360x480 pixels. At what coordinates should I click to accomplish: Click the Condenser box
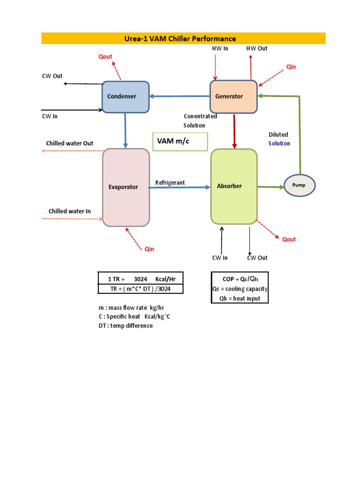coord(126,97)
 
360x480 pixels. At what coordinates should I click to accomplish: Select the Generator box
coord(233,97)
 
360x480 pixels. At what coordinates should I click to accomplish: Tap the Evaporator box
coord(126,187)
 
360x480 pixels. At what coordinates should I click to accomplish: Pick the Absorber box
coord(234,186)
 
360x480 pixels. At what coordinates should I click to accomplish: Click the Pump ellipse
coord(300,186)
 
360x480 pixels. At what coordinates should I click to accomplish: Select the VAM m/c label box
coord(180,141)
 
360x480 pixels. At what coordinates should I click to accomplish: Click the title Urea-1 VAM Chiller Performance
coord(183,38)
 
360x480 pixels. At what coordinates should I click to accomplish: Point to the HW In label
coord(220,48)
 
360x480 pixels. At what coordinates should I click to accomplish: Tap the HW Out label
coord(257,48)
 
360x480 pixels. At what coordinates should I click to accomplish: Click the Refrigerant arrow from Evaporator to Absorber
coord(180,187)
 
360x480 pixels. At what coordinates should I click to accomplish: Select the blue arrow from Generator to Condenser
coord(179,97)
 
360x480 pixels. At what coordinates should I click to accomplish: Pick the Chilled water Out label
coord(69,143)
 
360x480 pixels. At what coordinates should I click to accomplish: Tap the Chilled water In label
coord(69,211)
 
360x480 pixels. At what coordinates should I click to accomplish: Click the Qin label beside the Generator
coord(292,67)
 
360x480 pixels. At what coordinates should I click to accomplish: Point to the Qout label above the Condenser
coord(105,57)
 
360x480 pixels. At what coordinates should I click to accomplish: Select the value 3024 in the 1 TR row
coord(141,279)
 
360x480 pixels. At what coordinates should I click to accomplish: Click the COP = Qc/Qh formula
coord(240,279)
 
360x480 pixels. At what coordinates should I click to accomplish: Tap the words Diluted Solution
coord(279,139)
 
